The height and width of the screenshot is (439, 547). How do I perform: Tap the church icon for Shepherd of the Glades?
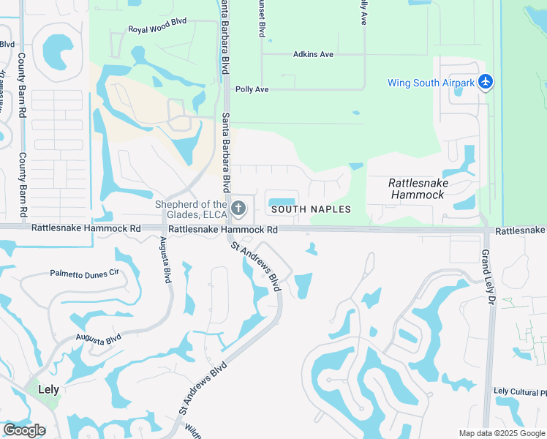[x=238, y=209]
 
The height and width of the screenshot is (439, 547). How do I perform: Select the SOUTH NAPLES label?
[x=311, y=209]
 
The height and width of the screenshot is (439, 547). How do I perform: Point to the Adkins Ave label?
[x=313, y=54]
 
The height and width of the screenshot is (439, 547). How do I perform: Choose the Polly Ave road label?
[x=252, y=89]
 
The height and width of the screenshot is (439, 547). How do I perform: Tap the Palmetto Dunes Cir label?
[x=84, y=274]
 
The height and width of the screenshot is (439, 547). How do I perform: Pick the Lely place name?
[x=48, y=390]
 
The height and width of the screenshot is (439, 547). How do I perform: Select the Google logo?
[x=24, y=430]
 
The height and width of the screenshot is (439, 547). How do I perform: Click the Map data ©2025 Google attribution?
[x=502, y=433]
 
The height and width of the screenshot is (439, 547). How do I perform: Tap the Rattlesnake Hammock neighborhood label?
[x=418, y=189]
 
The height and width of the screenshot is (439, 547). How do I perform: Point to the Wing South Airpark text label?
[x=431, y=83]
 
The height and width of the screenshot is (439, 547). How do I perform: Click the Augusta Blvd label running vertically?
[x=167, y=264]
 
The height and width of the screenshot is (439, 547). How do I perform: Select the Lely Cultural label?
[x=519, y=392]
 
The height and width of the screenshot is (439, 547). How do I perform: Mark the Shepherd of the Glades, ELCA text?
[x=191, y=209]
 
